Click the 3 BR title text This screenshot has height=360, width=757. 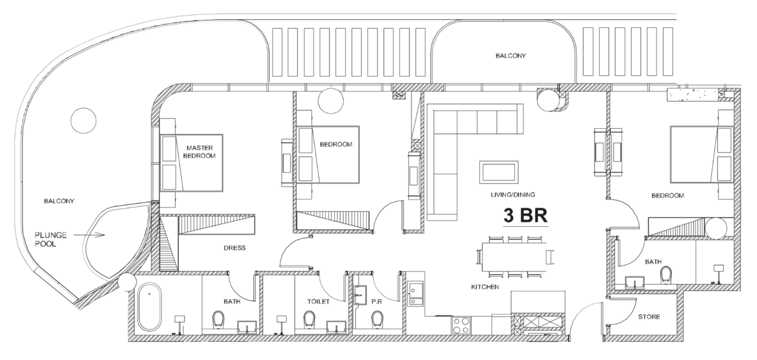(x=525, y=216)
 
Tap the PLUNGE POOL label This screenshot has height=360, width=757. (x=51, y=239)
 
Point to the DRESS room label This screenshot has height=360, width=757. (x=235, y=248)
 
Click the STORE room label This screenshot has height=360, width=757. (x=649, y=317)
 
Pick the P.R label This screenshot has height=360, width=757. (x=377, y=302)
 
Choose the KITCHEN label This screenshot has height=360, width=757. (x=485, y=287)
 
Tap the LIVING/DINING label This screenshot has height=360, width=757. (x=512, y=195)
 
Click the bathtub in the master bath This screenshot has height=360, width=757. (x=150, y=307)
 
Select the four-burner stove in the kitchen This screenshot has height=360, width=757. (x=461, y=325)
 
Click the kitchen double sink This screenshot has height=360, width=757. (x=415, y=294)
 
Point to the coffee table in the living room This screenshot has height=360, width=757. (x=498, y=172)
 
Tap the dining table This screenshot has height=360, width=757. (x=514, y=257)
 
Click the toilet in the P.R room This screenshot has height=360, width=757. (x=377, y=319)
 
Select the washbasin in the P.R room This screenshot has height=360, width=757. (x=359, y=295)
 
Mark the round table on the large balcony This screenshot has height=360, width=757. (x=83, y=121)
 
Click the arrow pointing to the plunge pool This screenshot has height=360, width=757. (x=89, y=235)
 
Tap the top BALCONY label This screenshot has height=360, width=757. (x=511, y=56)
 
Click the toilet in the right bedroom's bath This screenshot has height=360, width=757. (x=666, y=275)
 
